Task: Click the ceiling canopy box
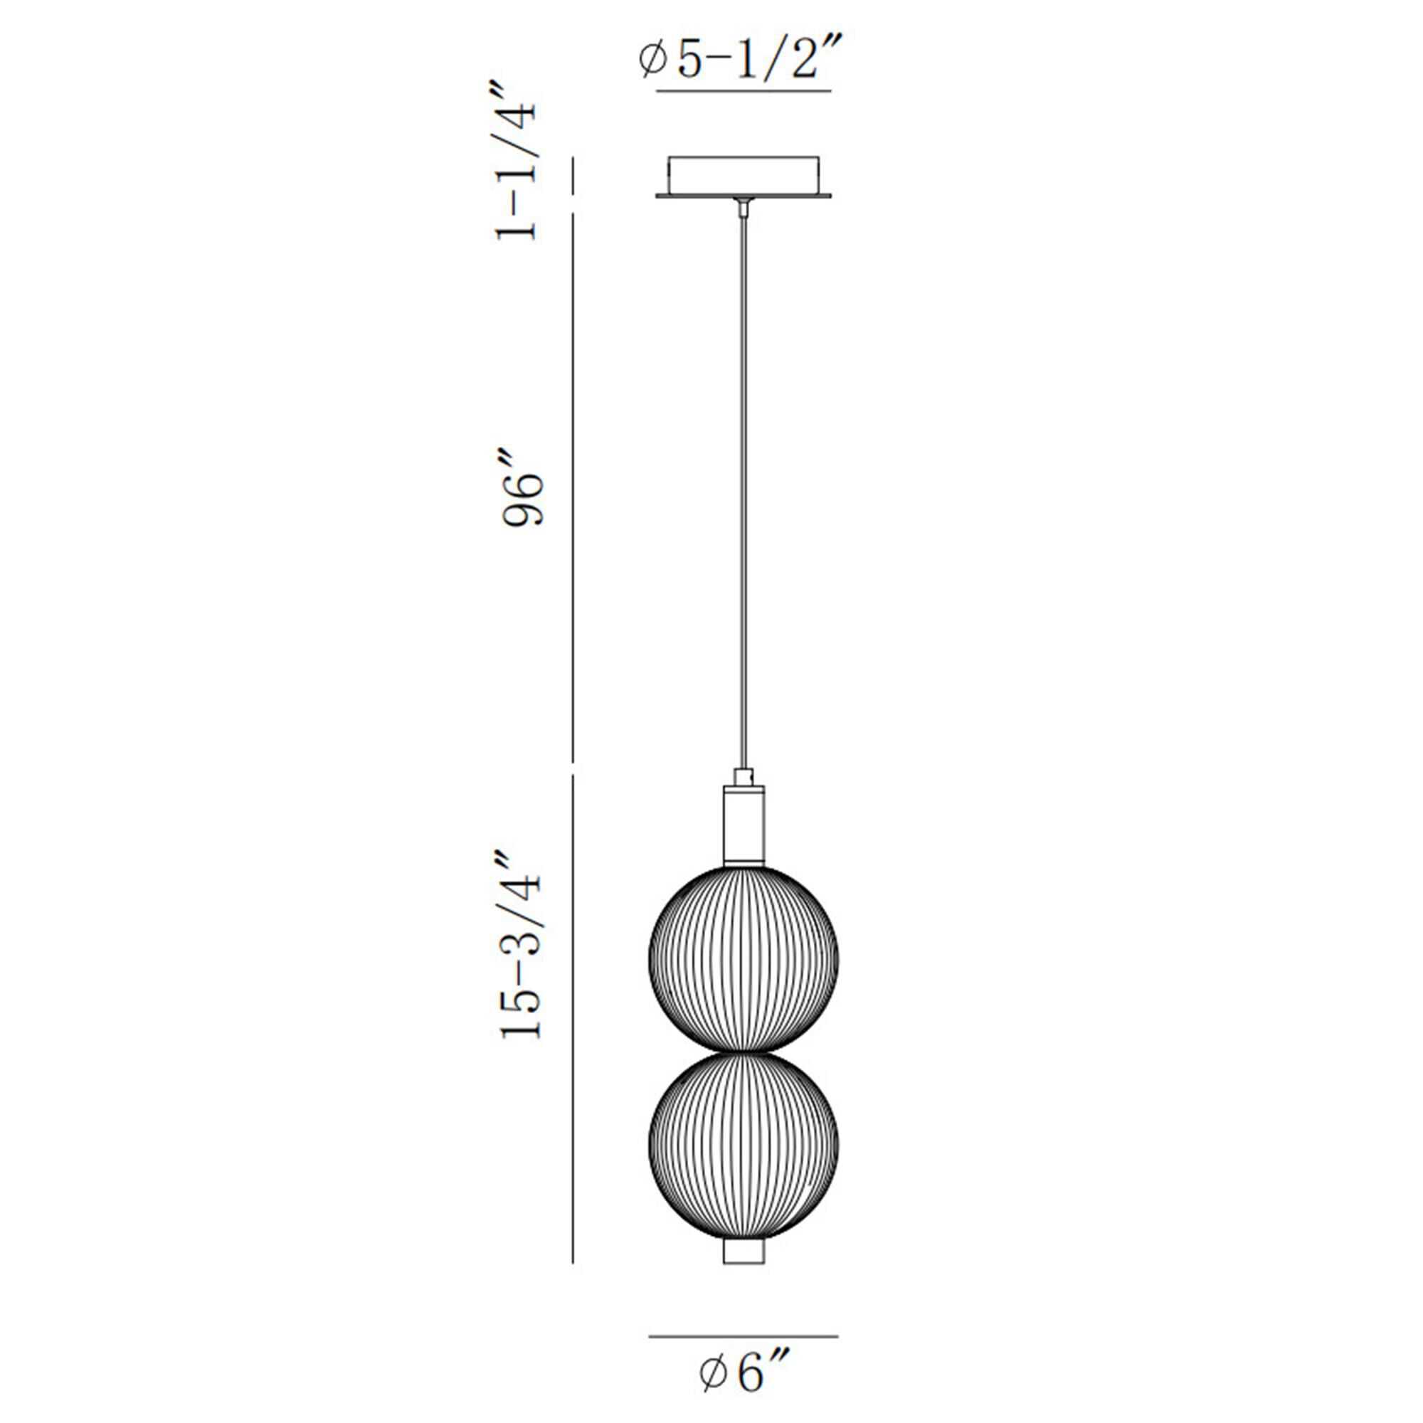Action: [x=744, y=176]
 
